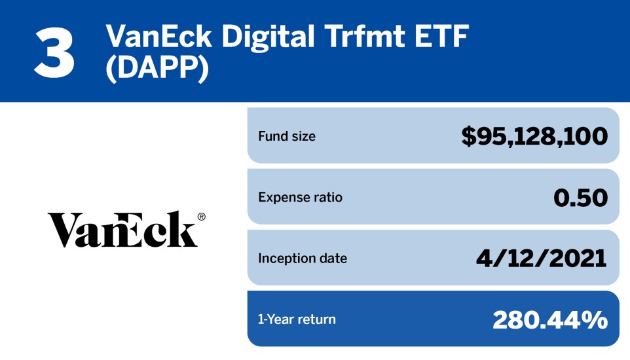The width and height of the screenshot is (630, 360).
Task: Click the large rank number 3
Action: (54, 53)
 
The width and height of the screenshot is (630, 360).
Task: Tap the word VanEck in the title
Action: (159, 37)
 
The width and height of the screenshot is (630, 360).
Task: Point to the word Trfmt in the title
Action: (365, 37)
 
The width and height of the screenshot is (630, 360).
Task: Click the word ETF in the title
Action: (442, 37)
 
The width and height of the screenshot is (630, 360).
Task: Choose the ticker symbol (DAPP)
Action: (157, 67)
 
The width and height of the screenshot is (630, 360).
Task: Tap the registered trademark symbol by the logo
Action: (201, 217)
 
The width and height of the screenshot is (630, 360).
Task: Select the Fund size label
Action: (287, 136)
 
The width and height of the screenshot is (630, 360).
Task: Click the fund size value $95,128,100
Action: (534, 136)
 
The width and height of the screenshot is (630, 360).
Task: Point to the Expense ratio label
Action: (300, 197)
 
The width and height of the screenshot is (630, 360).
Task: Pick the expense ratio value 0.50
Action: (581, 198)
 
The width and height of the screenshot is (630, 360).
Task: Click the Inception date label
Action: (303, 259)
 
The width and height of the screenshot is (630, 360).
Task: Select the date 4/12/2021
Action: (542, 259)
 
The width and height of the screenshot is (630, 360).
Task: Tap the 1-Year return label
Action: (297, 319)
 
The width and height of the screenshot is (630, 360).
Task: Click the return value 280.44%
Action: (550, 320)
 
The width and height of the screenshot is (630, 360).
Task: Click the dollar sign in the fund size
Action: (468, 137)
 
